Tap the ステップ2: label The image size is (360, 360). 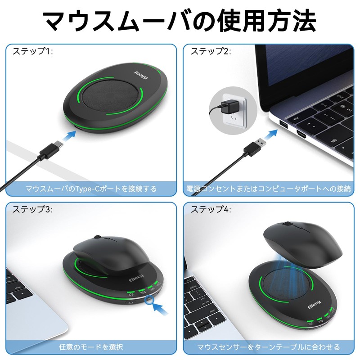pyautogui.click(x=211, y=51)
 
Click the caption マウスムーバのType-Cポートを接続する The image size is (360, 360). pyautogui.click(x=91, y=189)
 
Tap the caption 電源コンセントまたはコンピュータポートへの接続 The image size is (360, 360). pyautogui.click(x=268, y=189)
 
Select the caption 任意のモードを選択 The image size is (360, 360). pyautogui.click(x=91, y=347)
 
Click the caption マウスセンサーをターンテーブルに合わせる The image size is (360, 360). pyautogui.click(x=268, y=347)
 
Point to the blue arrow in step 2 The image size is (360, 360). pyautogui.click(x=271, y=135)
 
